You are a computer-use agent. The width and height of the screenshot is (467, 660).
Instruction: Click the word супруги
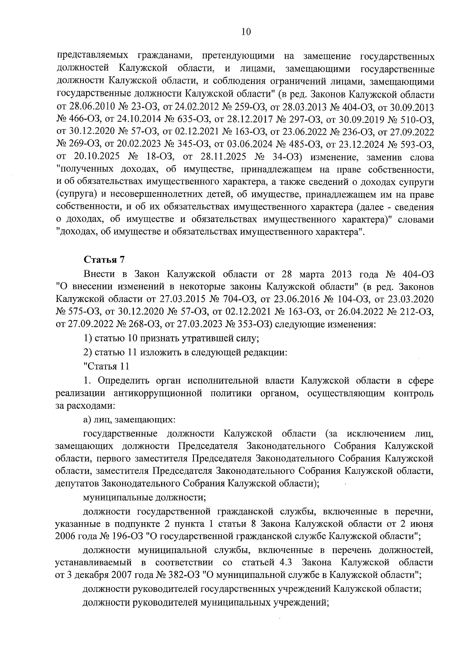tap(418, 182)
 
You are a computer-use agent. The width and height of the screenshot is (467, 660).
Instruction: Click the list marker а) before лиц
tap(86, 420)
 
